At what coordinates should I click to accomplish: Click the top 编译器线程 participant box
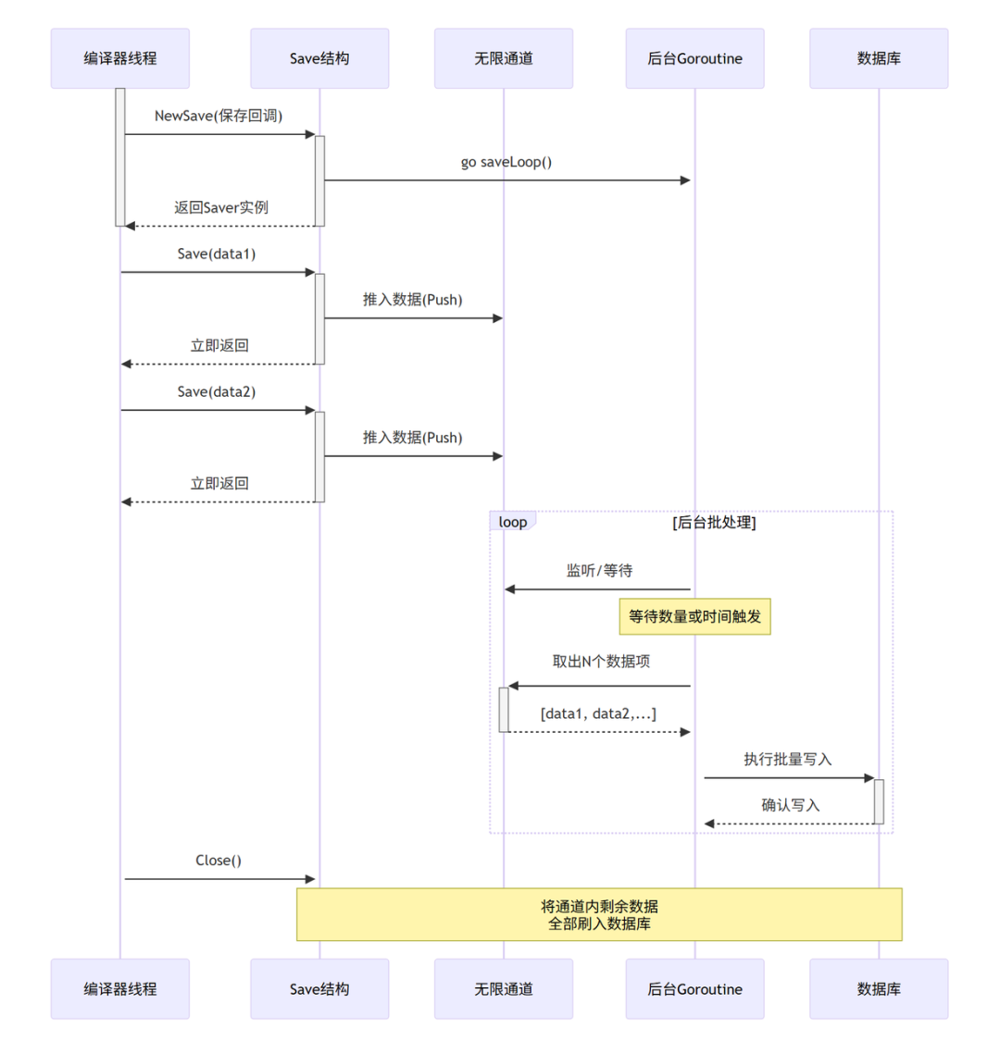[x=120, y=58]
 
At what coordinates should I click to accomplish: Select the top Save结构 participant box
[x=319, y=58]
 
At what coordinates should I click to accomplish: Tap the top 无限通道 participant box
[x=504, y=58]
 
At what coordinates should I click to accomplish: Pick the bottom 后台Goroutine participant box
[x=695, y=988]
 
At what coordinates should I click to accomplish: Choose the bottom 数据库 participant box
[x=879, y=988]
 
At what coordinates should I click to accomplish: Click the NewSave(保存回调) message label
[x=219, y=116]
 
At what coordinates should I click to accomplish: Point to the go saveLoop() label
[x=506, y=162]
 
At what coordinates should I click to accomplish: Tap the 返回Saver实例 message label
[x=221, y=208]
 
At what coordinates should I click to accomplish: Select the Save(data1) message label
[x=217, y=254]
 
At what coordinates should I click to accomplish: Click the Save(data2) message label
[x=217, y=391]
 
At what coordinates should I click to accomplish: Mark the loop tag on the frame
[x=513, y=522]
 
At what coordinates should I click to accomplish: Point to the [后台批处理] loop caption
[x=714, y=523]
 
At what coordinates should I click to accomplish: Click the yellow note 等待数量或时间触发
[x=695, y=617]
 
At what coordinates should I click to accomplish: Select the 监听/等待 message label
[x=599, y=570]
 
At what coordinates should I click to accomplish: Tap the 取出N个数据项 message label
[x=601, y=662]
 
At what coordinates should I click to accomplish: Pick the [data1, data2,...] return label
[x=598, y=713]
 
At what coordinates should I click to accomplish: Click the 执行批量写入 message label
[x=788, y=759]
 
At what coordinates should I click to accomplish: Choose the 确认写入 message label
[x=791, y=805]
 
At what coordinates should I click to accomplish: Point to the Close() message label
[x=219, y=861]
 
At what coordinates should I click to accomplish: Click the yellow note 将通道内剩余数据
[x=599, y=914]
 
